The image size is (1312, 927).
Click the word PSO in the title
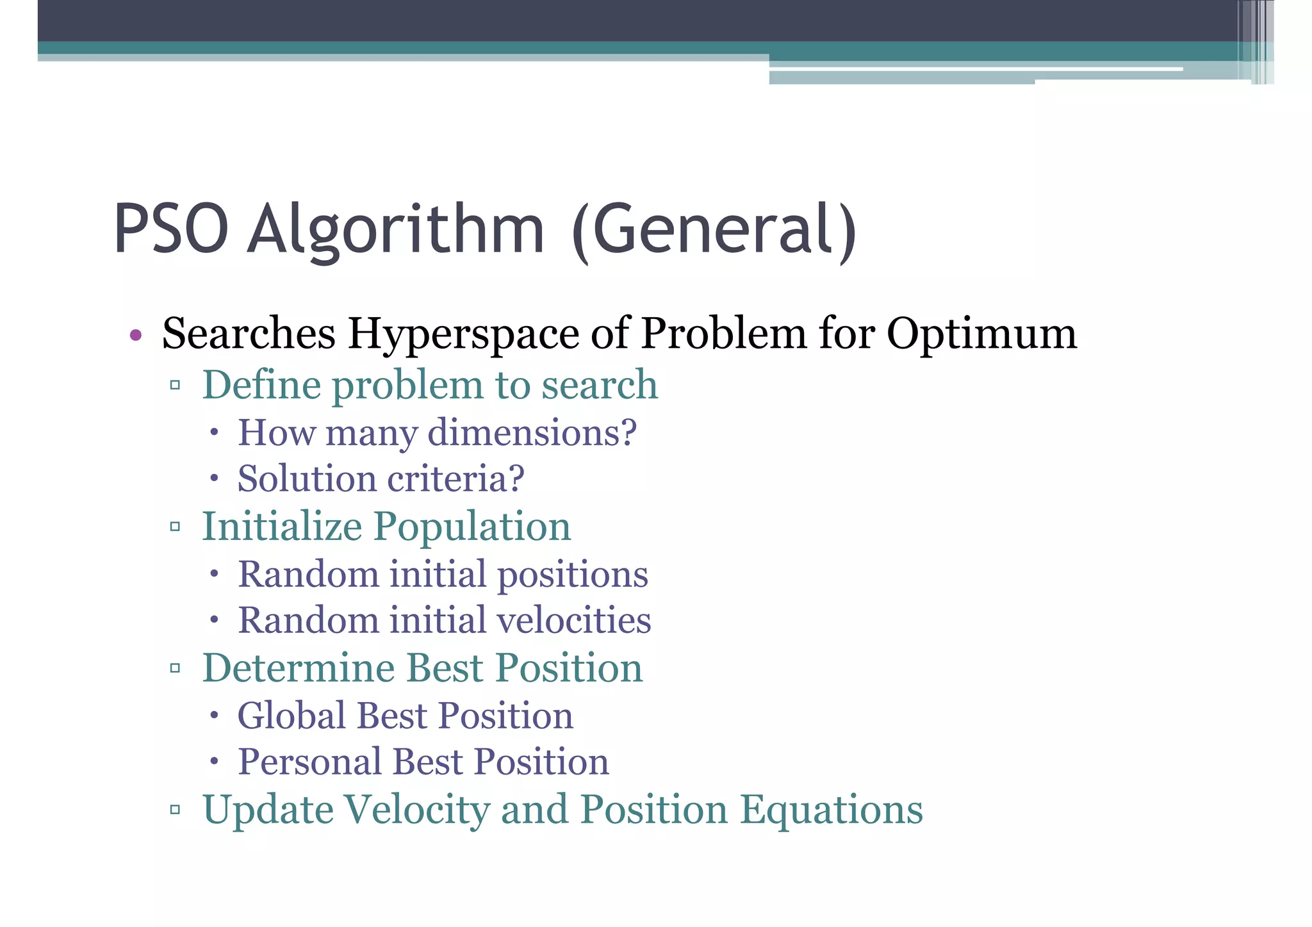(x=171, y=229)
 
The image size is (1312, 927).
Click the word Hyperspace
(x=463, y=334)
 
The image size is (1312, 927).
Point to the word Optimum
(x=981, y=334)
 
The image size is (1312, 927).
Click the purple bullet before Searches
(x=135, y=335)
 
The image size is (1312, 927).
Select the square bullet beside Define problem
(x=175, y=386)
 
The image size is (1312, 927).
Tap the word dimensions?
(x=532, y=432)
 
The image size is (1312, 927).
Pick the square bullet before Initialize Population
(x=175, y=527)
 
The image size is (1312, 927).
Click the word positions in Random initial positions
(x=573, y=575)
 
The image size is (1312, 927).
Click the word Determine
(x=299, y=668)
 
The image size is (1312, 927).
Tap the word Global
(x=291, y=715)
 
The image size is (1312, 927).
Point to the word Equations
(x=832, y=810)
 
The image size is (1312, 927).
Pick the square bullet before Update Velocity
(x=175, y=810)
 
